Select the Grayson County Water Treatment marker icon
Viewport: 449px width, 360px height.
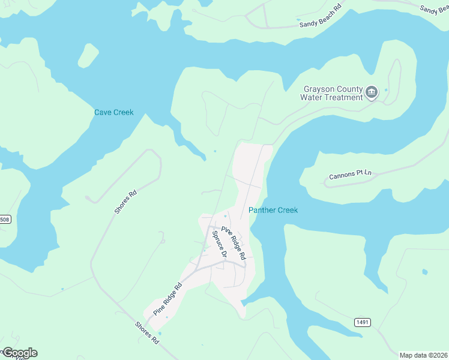372,92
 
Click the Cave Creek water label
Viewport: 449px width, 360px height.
113,112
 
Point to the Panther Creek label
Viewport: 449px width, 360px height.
273,210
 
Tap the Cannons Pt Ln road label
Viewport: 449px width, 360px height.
351,175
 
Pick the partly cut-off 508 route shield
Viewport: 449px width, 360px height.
5,220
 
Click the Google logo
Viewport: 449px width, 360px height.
20,353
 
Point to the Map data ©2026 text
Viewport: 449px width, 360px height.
423,355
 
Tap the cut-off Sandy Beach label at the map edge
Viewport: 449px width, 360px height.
434,8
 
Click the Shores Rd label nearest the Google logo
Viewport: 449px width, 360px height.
147,332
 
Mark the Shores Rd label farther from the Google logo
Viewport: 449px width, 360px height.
126,202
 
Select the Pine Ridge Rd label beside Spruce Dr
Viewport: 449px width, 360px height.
234,242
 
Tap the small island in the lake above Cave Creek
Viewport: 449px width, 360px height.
88,56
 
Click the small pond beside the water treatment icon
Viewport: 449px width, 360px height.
386,90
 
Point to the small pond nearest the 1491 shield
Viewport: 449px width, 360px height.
425,272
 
